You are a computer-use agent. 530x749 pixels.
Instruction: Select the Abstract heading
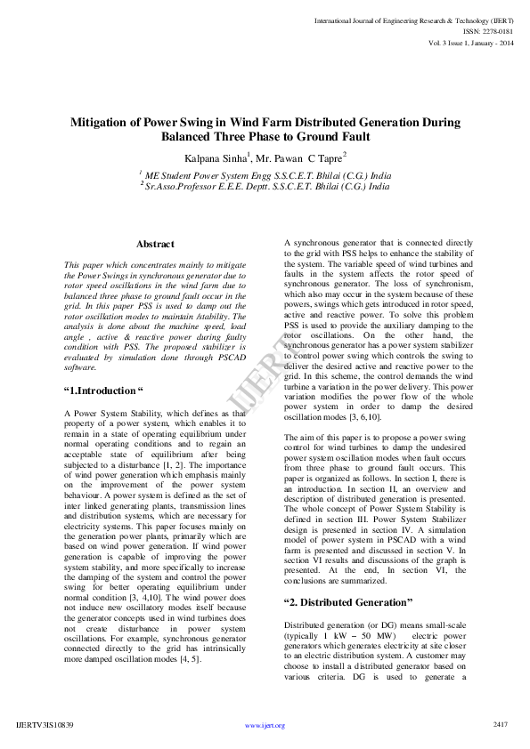[155, 244]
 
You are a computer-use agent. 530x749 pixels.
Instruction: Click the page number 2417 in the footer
[500, 724]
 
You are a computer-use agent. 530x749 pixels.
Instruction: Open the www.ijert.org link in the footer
[265, 725]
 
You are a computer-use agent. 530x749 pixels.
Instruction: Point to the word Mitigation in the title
[106, 122]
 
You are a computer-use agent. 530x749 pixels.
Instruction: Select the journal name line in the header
[413, 19]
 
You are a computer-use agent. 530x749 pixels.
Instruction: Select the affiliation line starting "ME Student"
[267, 175]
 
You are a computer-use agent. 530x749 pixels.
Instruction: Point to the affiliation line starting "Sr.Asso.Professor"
[267, 187]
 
